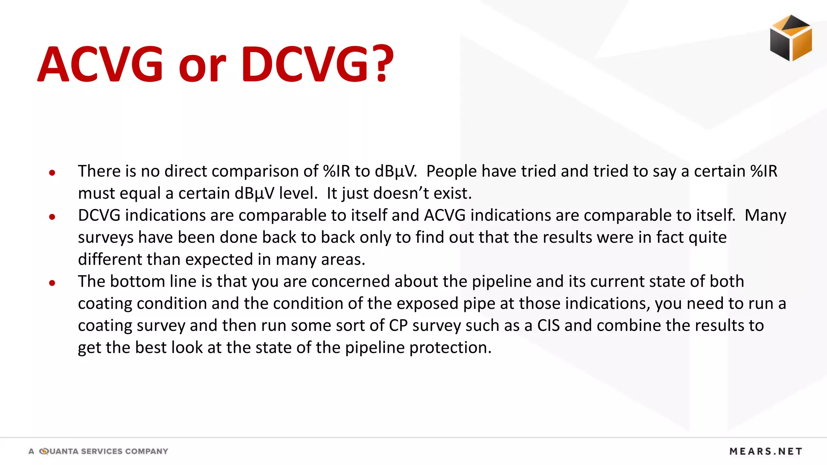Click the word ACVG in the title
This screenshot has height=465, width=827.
point(101,65)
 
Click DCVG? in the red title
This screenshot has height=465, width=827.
point(317,65)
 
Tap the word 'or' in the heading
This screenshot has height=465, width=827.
point(202,67)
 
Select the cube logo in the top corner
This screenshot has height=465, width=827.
point(791,38)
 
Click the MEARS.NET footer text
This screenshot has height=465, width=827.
point(766,451)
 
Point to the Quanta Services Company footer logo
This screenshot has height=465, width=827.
point(98,451)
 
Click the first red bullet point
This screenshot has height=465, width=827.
point(52,173)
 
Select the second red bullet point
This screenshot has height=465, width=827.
point(52,217)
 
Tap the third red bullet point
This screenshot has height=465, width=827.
point(52,283)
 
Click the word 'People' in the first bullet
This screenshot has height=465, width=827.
point(451,171)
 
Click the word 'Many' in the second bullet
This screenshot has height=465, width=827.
point(765,215)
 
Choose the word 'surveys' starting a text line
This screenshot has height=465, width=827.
point(105,237)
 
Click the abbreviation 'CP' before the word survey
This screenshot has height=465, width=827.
point(398,325)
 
